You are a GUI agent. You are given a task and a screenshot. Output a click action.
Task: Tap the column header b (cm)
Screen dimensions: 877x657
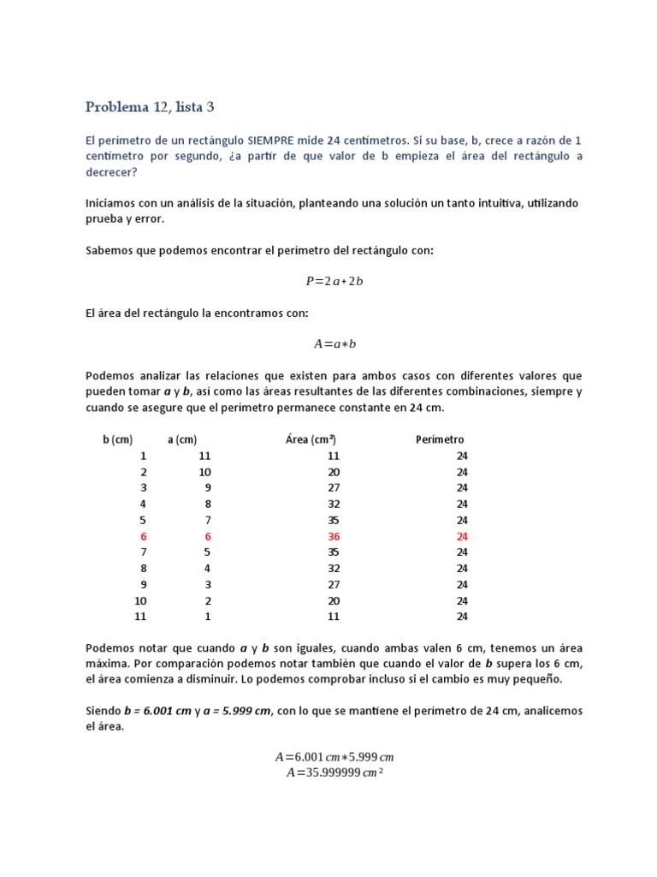(117, 439)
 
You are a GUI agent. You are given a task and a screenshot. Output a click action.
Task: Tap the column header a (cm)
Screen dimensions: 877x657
(182, 439)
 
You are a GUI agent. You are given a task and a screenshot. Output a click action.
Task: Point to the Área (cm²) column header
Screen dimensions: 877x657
(310, 439)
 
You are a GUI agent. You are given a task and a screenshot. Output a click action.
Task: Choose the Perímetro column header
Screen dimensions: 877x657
(440, 439)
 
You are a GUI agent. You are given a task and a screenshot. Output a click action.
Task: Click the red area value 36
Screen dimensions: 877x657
(334, 536)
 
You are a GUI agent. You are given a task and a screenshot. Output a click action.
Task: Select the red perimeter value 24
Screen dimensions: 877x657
(462, 536)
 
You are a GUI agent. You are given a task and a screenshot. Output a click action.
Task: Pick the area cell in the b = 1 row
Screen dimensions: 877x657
(334, 456)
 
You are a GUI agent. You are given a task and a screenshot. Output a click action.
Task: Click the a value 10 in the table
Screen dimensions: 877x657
(204, 472)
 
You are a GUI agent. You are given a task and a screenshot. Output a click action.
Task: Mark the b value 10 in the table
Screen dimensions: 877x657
(140, 600)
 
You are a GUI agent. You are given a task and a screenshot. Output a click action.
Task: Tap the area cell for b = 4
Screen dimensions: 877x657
(334, 504)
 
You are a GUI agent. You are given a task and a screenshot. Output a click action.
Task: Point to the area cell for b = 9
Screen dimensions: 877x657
(334, 584)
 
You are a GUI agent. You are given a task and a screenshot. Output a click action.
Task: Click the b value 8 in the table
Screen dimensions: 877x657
(144, 568)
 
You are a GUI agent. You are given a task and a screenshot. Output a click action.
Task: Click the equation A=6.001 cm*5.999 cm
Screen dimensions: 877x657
(334, 757)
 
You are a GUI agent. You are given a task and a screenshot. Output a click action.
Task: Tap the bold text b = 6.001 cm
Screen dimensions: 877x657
(162, 711)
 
